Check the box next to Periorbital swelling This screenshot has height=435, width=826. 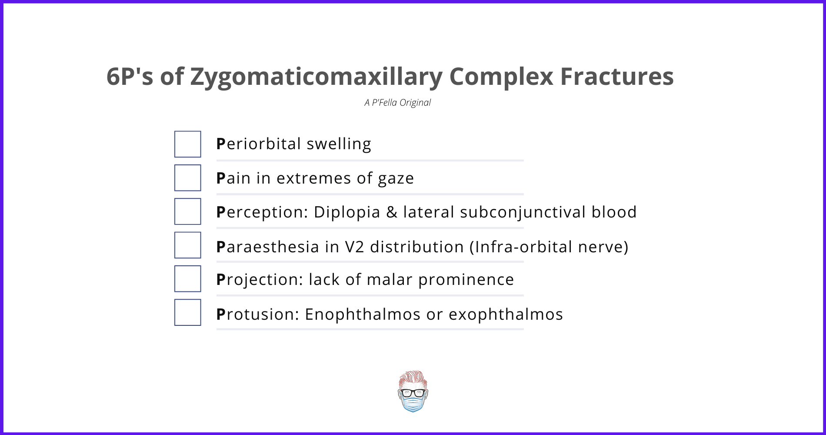(188, 144)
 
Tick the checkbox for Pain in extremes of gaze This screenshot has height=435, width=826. (188, 177)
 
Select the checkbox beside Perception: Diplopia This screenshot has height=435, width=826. (188, 211)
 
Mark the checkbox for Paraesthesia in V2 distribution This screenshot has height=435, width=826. (188, 245)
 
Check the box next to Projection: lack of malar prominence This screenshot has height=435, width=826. (188, 278)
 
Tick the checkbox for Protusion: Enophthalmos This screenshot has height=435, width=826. (188, 312)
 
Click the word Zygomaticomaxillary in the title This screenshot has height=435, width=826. (316, 77)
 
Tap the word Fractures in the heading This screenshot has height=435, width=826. (617, 77)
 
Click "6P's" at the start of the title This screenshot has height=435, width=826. (130, 77)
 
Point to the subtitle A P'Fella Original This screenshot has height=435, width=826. (397, 103)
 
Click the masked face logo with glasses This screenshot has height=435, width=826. (413, 391)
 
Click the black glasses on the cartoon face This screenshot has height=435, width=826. (413, 393)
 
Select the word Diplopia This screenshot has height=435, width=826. (347, 212)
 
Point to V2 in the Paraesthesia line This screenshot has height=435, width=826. (354, 247)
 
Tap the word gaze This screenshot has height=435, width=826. (396, 179)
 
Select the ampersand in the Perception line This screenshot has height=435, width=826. (392, 212)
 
